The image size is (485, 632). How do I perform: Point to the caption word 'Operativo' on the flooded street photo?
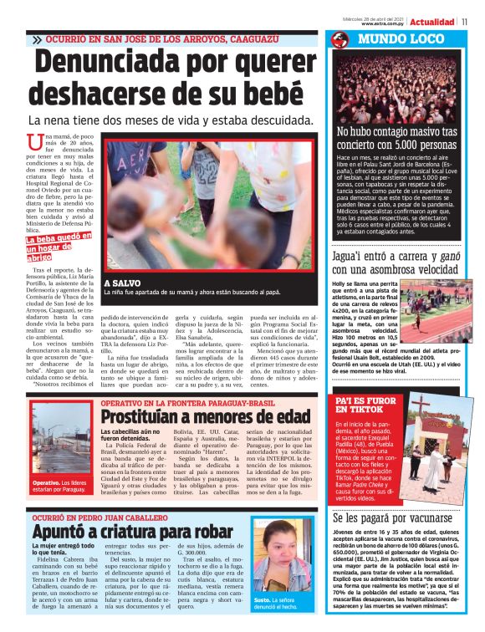[x=47, y=482]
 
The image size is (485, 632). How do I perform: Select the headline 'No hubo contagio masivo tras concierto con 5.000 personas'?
[x=396, y=138]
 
